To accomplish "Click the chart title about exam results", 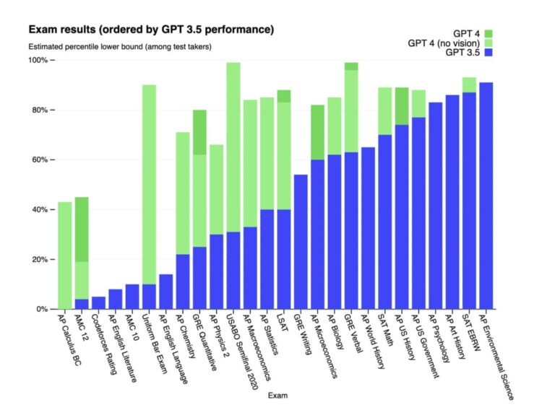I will (151, 30).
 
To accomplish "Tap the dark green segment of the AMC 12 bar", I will (82, 229).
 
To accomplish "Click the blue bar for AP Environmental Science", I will (486, 196).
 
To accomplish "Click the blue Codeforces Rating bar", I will (98, 302).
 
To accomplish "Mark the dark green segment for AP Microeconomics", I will (317, 132).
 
